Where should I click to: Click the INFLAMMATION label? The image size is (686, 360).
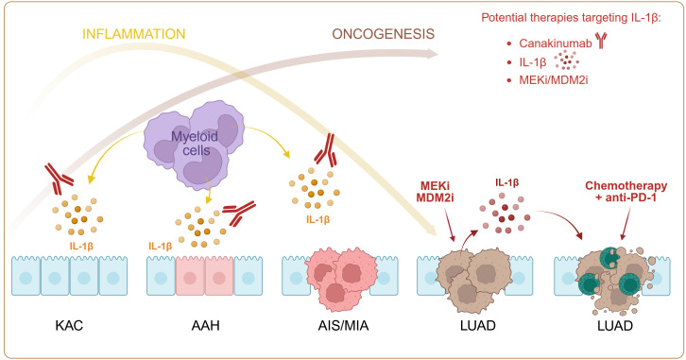point(134,34)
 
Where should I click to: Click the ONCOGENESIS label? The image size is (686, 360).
point(383,34)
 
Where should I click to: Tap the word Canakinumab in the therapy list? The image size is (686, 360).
point(556,43)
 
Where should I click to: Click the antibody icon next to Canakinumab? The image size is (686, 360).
point(602,41)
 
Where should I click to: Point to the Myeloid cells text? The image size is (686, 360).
point(195,143)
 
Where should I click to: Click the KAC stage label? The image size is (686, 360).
point(69,326)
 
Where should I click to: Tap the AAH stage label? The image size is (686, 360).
point(205,326)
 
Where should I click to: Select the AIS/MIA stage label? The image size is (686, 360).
point(343,326)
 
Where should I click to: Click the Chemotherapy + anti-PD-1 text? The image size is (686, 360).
point(626,192)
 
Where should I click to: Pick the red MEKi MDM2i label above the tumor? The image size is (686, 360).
point(435,192)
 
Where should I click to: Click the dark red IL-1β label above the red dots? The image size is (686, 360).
point(507,182)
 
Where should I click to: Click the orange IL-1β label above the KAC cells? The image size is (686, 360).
point(81,246)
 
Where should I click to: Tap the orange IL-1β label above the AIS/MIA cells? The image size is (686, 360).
point(318,219)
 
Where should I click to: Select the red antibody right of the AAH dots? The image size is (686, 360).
point(239,213)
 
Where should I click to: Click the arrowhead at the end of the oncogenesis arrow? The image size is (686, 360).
point(432,54)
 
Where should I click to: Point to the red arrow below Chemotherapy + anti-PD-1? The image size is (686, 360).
point(626,223)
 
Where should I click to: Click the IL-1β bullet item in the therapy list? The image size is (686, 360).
point(532,62)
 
